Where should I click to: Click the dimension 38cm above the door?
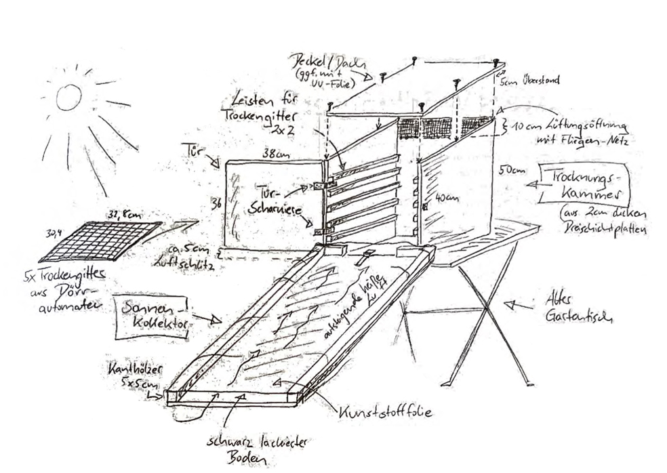[x=272, y=154]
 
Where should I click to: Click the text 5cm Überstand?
[x=529, y=81]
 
